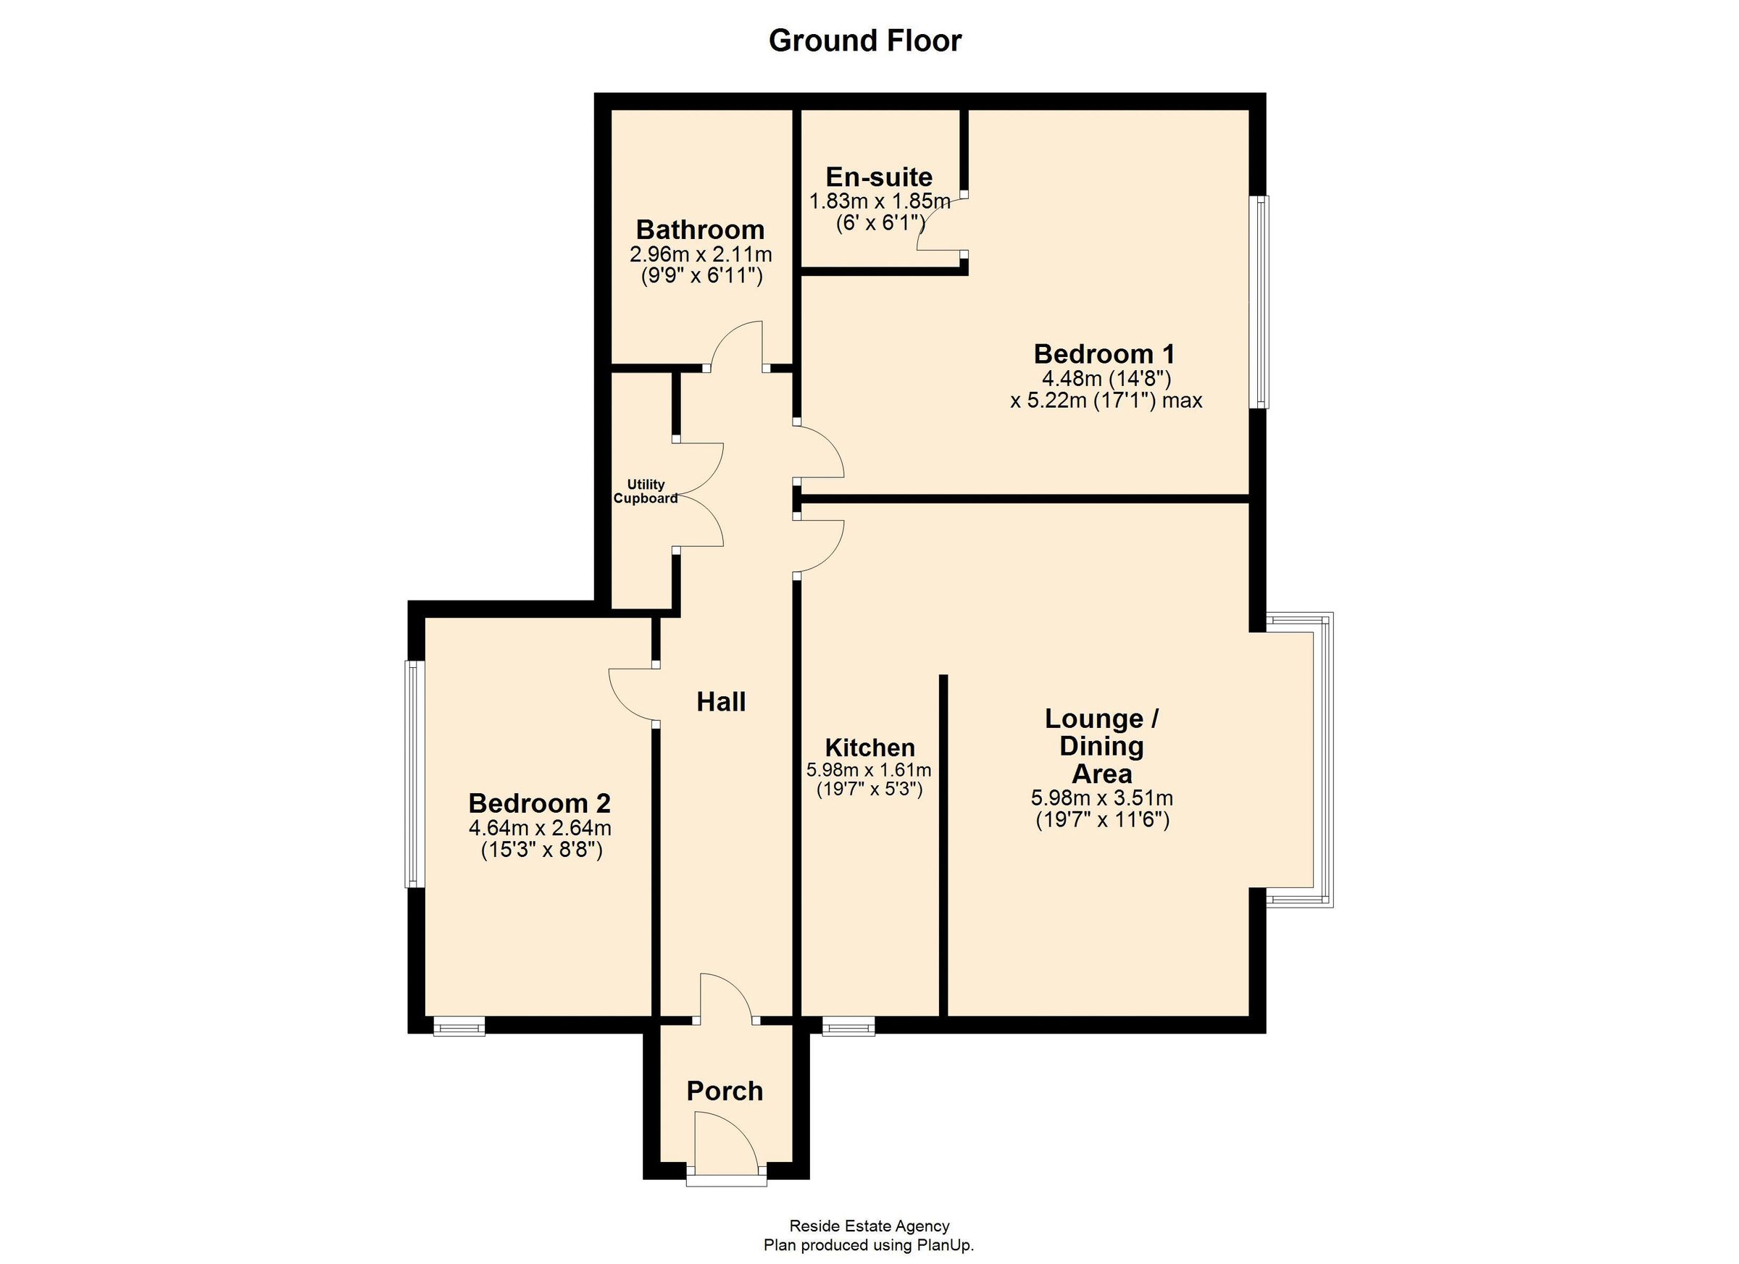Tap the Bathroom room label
coord(699,229)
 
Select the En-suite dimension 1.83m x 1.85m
coord(880,201)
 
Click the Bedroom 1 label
coord(1104,353)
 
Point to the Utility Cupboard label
coord(646,491)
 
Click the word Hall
coord(721,701)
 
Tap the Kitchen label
coord(869,748)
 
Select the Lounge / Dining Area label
coord(1102,745)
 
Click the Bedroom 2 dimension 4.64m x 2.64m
coord(540,828)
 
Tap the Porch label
coord(725,1091)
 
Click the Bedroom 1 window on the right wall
coord(1259,302)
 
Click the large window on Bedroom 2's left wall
coord(414,774)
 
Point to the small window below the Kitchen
coord(848,1026)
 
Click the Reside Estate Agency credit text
coord(869,1226)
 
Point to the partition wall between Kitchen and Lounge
coord(943,843)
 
